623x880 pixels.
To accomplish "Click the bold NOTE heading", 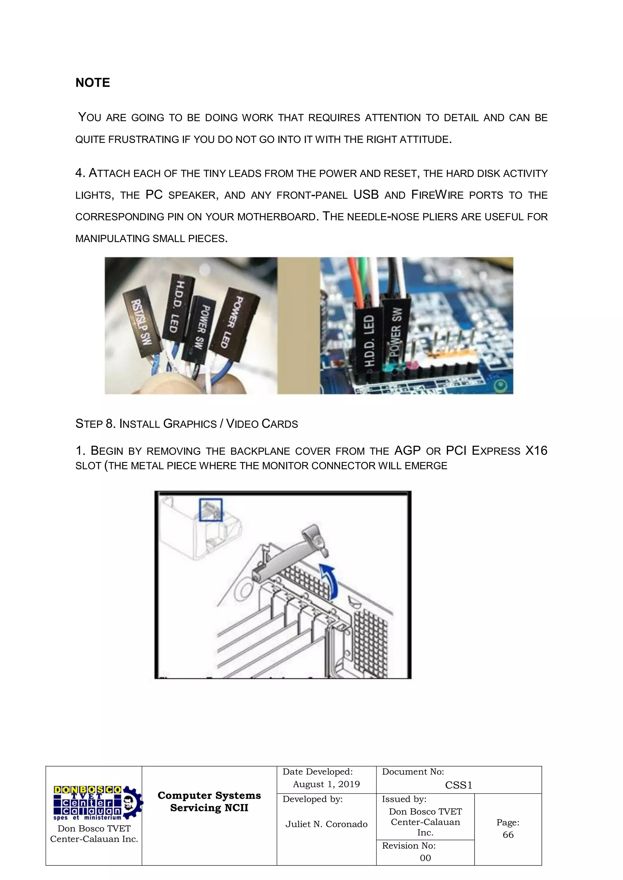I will (x=92, y=83).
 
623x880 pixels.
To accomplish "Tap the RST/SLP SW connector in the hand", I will (x=141, y=322).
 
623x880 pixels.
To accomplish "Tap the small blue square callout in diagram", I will (x=211, y=509).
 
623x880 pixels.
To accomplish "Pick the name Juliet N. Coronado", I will (x=326, y=824).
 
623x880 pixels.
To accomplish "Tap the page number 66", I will (x=508, y=834).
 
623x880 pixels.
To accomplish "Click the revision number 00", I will (x=425, y=858).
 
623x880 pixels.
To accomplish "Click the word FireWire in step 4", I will (x=437, y=195).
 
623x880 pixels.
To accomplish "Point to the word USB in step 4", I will (x=366, y=195).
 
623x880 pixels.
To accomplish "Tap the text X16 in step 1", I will (x=536, y=450).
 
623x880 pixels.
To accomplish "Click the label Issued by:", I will (x=404, y=799).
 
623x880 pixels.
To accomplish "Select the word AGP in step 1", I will (x=407, y=450).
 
